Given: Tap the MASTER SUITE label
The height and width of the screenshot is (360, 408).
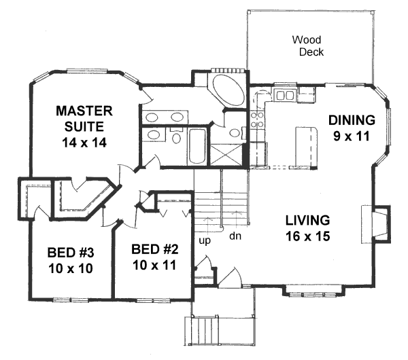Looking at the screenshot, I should click(x=84, y=118).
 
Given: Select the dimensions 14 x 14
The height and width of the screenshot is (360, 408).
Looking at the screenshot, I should click(x=84, y=143).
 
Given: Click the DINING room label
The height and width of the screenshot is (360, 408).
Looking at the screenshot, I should click(x=352, y=120).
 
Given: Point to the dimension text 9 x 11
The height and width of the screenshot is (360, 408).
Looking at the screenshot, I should click(x=352, y=136).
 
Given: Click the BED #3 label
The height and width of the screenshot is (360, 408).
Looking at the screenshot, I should click(x=70, y=253).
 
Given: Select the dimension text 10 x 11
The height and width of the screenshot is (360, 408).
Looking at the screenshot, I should click(x=156, y=264).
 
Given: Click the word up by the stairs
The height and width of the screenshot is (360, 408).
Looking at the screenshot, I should click(x=204, y=240).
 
